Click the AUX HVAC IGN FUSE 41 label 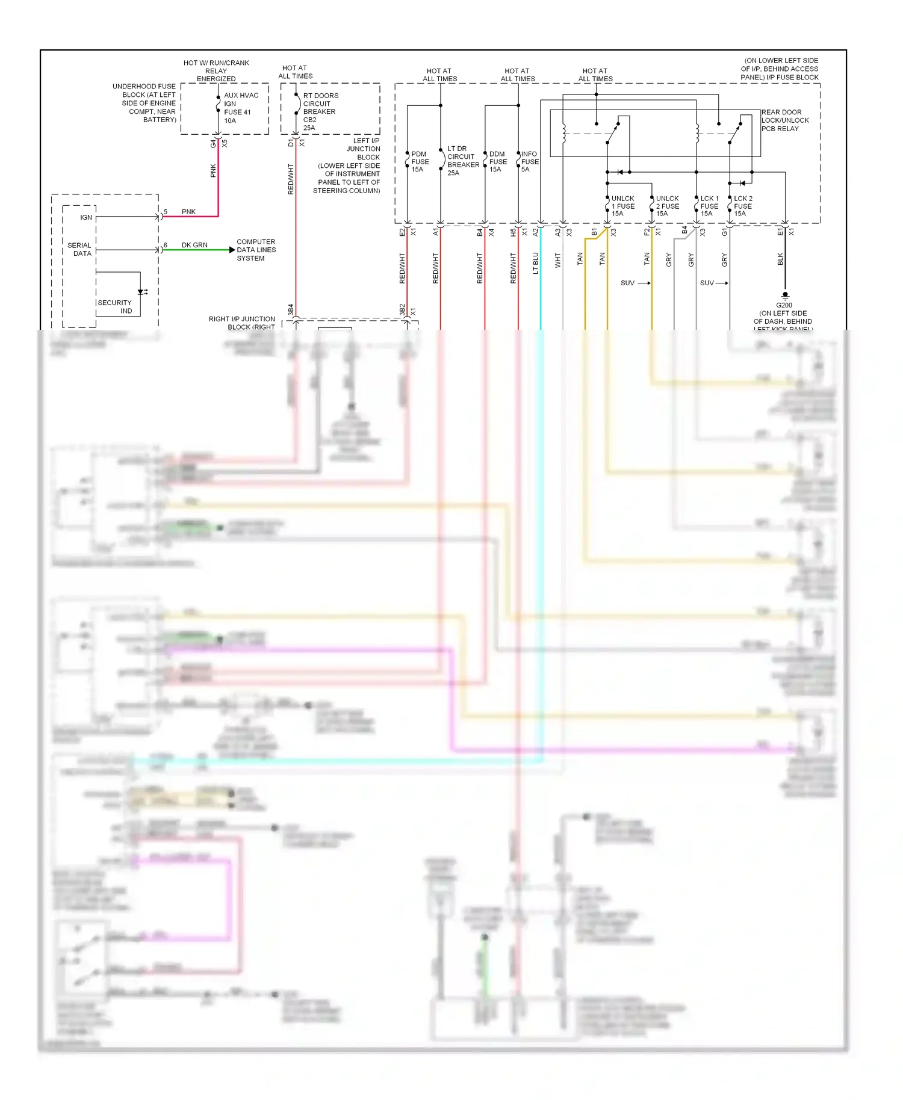pos(240,108)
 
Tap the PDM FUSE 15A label pos(420,162)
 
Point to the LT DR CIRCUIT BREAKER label pos(462,161)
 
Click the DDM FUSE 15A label pos(497,162)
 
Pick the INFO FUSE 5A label pos(529,162)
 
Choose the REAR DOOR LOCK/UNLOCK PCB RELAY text pos(784,120)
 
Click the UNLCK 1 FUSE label pos(622,206)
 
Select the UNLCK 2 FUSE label pos(667,206)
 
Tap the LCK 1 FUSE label pos(709,206)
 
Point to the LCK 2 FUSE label pos(743,206)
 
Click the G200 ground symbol pos(785,295)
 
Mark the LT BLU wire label pos(535,263)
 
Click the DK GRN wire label pos(194,245)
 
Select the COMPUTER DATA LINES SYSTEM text pos(256,250)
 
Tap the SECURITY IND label pos(115,307)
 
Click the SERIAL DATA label pos(80,249)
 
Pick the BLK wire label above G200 pos(780,259)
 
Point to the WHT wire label pos(557,260)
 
